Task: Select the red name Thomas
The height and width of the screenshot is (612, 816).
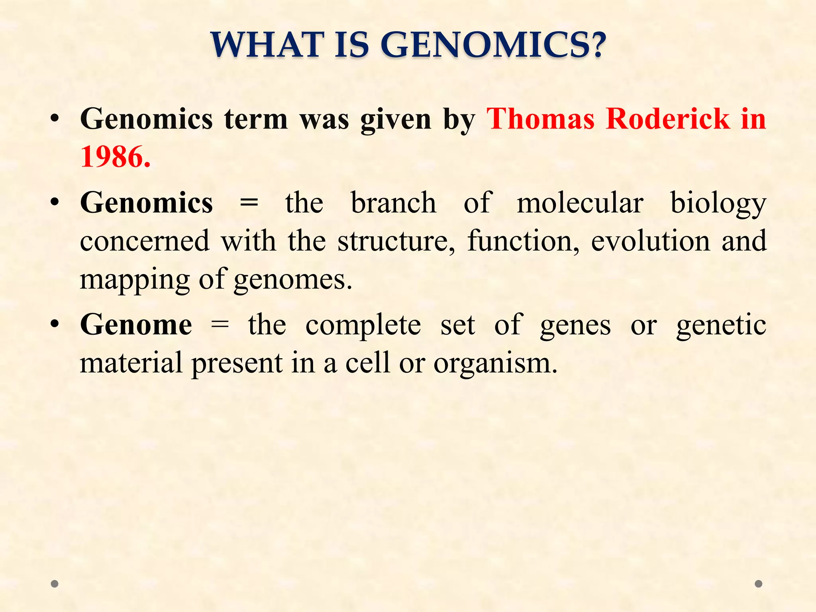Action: click(541, 119)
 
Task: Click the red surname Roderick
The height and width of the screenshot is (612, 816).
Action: click(667, 119)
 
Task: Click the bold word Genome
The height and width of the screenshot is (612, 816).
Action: click(136, 325)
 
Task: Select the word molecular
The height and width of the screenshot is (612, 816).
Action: click(580, 203)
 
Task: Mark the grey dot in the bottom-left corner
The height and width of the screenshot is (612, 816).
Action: click(55, 584)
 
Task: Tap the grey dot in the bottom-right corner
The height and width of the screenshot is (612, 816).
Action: click(759, 584)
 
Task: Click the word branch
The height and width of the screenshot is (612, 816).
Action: click(393, 203)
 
